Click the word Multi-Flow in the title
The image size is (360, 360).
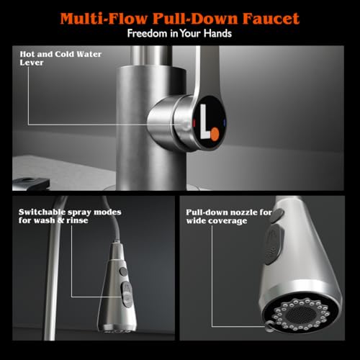(x=104, y=19)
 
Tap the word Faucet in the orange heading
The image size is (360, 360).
(x=271, y=19)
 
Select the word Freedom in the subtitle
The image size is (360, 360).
(x=148, y=33)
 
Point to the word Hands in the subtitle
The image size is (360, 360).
(x=217, y=33)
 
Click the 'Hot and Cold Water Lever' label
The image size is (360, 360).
(x=60, y=58)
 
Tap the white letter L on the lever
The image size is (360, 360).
(x=205, y=121)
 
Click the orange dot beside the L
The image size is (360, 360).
(x=215, y=134)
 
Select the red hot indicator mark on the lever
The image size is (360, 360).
(x=194, y=122)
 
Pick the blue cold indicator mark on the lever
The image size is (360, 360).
(x=225, y=122)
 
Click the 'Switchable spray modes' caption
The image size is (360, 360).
(x=70, y=216)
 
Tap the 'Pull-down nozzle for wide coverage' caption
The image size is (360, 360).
(x=229, y=217)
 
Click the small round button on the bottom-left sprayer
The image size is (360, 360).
(x=123, y=271)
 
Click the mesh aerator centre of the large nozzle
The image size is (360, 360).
(x=301, y=314)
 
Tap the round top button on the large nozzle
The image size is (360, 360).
(x=279, y=215)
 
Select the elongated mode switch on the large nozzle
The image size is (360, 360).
(x=274, y=243)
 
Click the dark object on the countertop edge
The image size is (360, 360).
(x=31, y=184)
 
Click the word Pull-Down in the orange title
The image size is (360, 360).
(x=195, y=19)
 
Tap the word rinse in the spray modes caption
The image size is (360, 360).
(x=77, y=220)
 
